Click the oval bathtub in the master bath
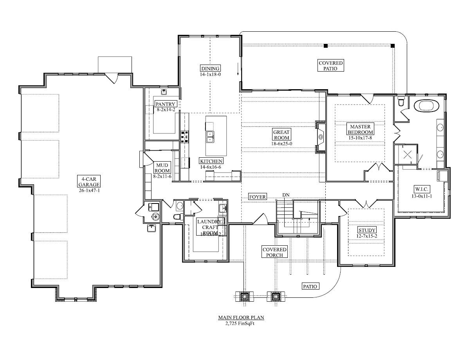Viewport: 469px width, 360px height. click(426, 106)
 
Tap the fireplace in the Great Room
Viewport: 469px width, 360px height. click(321, 137)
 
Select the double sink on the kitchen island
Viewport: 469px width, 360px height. click(210, 137)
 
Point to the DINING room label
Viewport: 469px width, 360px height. click(211, 68)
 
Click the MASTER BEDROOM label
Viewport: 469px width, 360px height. click(360, 130)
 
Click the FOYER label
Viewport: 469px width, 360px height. click(257, 197)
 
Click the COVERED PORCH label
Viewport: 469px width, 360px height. click(274, 252)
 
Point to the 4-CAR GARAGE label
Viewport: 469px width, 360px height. click(88, 182)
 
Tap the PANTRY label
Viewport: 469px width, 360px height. click(166, 104)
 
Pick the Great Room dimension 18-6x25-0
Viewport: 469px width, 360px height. click(281, 143)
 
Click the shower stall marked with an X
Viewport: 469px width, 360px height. click(408, 155)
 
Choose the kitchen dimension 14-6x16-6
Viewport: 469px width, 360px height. click(211, 167)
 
